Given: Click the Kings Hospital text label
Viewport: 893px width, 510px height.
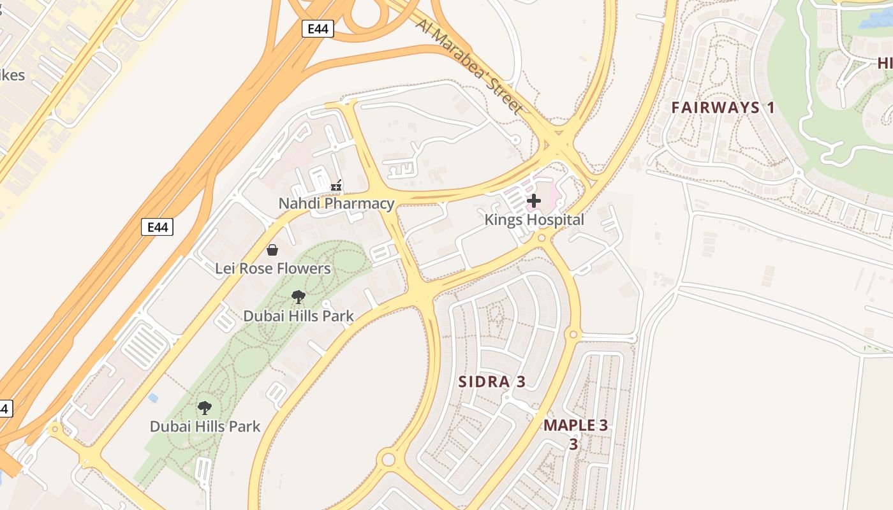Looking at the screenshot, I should (534, 220).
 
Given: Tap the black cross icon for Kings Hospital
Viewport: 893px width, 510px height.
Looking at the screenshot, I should (534, 201).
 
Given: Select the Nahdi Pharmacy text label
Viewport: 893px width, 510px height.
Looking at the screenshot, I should (336, 203).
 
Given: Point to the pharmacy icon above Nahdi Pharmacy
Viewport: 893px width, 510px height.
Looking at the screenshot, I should (336, 186).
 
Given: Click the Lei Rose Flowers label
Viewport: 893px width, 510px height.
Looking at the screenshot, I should (272, 268).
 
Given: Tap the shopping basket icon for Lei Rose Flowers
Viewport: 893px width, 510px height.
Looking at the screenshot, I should (272, 250).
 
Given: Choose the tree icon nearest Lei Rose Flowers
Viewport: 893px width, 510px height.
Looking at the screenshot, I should (298, 297).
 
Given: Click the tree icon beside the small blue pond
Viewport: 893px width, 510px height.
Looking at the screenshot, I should (205, 408).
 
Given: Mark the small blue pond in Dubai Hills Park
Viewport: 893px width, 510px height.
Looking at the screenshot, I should (152, 398).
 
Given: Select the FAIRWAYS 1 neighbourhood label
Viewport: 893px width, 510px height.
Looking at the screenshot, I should (723, 107).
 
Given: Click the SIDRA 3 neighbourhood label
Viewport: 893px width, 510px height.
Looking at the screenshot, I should (492, 382).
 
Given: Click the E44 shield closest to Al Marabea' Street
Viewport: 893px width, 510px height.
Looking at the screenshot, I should (318, 29).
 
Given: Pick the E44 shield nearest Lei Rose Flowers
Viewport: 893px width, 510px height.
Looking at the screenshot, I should (157, 226).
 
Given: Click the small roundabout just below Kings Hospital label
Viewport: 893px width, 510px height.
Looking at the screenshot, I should (542, 238).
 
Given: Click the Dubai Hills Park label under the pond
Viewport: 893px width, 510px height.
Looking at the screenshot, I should (205, 426).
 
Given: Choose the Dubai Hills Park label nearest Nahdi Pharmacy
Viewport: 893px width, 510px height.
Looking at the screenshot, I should (298, 316).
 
